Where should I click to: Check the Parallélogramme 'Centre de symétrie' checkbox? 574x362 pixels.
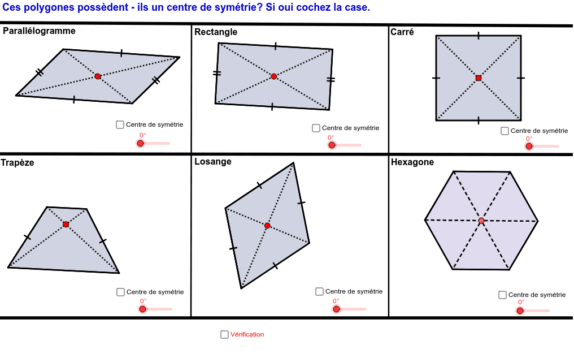click(x=120, y=124)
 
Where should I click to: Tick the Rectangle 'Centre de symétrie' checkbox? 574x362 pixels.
click(x=316, y=128)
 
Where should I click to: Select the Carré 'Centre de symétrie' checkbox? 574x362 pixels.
click(x=505, y=131)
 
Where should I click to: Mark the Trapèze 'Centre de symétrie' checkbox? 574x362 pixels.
click(x=120, y=292)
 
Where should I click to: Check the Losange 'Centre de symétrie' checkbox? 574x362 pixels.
click(x=319, y=291)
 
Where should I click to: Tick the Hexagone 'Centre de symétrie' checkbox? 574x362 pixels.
click(x=502, y=295)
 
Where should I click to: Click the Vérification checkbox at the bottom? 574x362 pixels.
click(x=224, y=334)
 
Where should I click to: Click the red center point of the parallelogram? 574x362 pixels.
click(x=98, y=76)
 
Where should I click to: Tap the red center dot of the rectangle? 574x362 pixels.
click(x=274, y=76)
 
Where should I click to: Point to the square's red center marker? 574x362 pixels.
click(x=479, y=77)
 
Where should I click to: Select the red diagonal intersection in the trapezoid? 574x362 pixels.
click(x=66, y=225)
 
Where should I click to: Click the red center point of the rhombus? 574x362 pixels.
click(x=267, y=226)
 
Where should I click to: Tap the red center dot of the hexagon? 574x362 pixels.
click(x=481, y=221)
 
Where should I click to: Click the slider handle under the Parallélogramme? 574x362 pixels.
click(x=140, y=143)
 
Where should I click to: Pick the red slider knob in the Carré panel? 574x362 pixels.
click(x=529, y=146)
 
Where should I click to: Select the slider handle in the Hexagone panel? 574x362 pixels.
click(x=520, y=311)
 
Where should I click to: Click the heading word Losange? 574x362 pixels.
click(x=213, y=161)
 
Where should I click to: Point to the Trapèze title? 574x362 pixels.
click(x=18, y=162)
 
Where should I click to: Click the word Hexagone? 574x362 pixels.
click(x=412, y=162)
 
